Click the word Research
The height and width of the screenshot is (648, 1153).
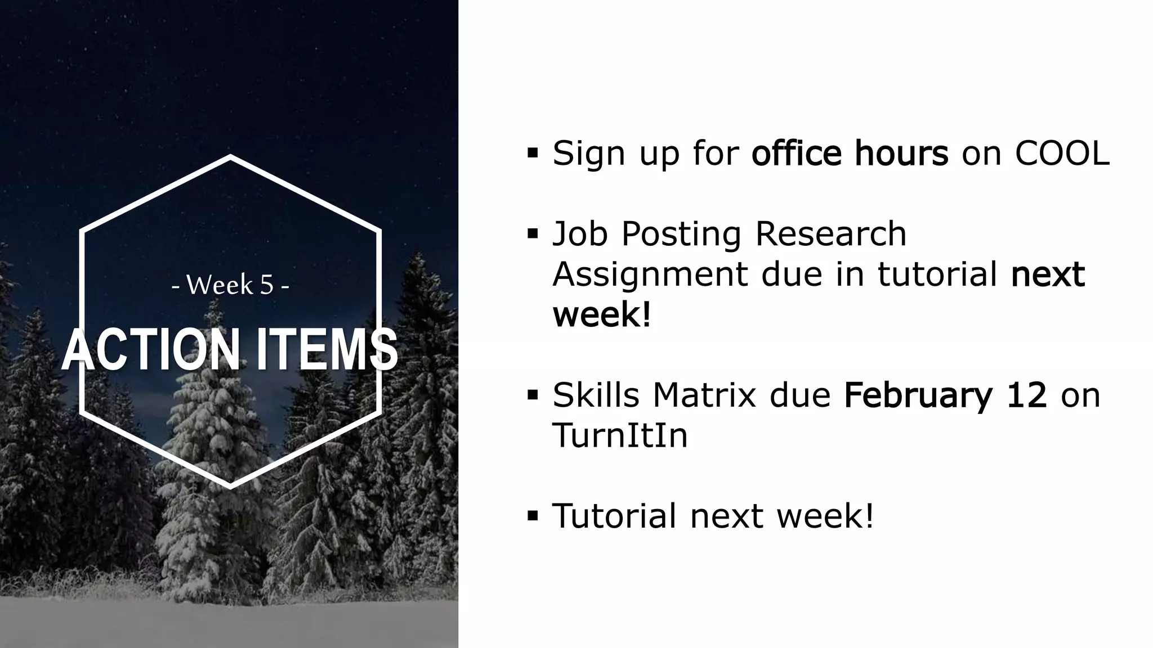pos(830,234)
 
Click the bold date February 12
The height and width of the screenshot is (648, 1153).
pos(945,395)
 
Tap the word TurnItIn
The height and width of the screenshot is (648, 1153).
pos(620,435)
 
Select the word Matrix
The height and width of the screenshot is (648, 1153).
pos(704,395)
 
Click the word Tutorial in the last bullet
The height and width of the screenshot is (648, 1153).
pos(614,515)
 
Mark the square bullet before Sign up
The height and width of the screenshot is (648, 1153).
pos(533,152)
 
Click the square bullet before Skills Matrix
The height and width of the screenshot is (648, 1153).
pos(533,395)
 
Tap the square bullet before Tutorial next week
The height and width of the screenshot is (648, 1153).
pos(533,516)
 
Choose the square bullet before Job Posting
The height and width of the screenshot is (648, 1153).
pos(533,234)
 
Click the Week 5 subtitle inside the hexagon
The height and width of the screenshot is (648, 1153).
pos(230,285)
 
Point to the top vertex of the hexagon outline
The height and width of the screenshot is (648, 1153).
pos(230,157)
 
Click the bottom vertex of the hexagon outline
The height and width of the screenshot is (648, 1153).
pos(230,485)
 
